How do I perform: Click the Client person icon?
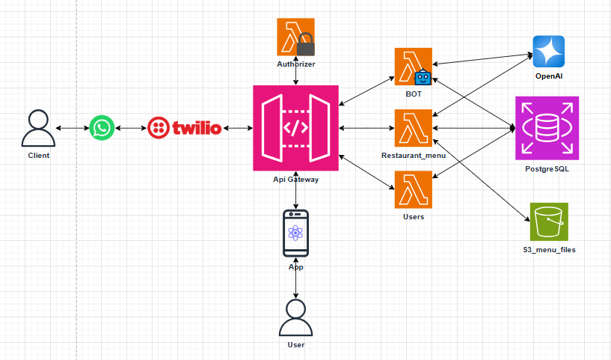39,128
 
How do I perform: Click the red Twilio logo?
185,128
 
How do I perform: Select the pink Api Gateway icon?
296,128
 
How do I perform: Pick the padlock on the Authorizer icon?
306,49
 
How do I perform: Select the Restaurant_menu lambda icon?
413,128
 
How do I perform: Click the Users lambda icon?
413,190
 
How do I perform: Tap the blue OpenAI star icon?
548,52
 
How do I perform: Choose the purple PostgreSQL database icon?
547,128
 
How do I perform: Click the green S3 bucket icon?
548,222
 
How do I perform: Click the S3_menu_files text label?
549,249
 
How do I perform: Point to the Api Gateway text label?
296,180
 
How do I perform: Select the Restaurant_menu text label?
414,155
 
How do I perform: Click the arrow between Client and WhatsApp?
73,128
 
